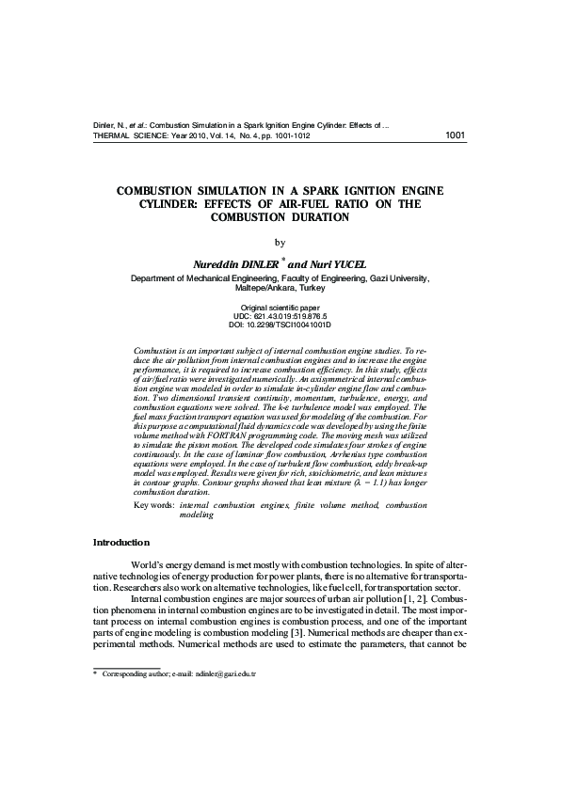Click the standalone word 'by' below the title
280,243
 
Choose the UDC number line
280,317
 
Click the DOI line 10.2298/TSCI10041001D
280,325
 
